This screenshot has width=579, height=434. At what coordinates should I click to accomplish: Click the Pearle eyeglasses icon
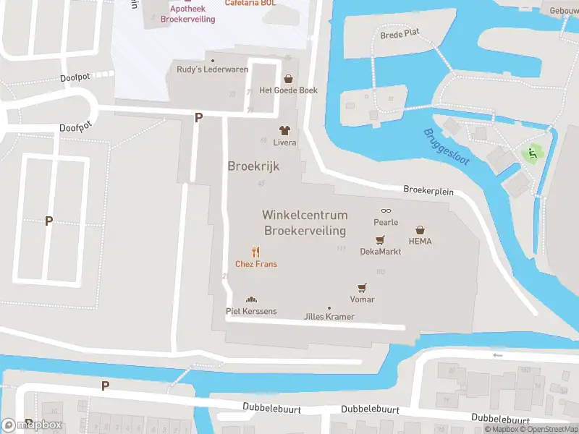coord(386,210)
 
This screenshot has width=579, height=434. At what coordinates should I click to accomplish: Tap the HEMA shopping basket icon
coord(420,229)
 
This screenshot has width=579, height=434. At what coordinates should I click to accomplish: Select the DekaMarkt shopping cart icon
coord(380,240)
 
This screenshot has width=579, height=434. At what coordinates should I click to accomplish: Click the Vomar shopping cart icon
coord(362,288)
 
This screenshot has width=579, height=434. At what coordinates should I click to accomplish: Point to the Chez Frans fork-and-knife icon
coord(255,252)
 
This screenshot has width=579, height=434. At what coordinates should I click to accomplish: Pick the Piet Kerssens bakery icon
coord(251,299)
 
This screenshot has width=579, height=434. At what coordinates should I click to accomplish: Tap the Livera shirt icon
coord(284,131)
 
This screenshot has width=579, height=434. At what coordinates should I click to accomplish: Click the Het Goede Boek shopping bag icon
coord(289,79)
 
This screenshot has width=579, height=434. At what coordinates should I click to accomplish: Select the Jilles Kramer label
coord(329,317)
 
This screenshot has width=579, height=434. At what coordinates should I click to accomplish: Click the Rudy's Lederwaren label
coord(213,69)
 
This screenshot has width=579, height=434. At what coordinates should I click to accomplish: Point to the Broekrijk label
coord(253,166)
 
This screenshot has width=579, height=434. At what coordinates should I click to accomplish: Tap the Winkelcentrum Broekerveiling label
coord(305,223)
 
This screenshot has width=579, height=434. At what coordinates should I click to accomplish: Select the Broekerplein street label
coord(428,190)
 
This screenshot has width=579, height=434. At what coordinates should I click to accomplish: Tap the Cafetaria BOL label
coord(250,3)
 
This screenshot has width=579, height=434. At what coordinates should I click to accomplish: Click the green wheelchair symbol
coord(533,153)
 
